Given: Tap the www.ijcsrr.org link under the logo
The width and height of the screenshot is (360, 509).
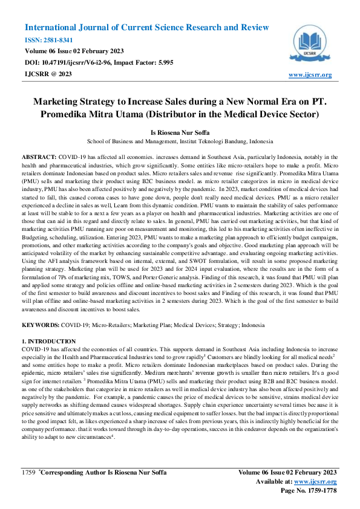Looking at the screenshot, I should pyautogui.click(x=310, y=74).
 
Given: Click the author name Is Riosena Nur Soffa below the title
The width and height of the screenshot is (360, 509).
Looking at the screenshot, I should pyautogui.click(x=180, y=131).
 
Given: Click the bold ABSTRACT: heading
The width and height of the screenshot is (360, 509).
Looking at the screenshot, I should pyautogui.click(x=39, y=156).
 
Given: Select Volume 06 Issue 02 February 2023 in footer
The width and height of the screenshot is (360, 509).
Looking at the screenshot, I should pyautogui.click(x=287, y=472).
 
